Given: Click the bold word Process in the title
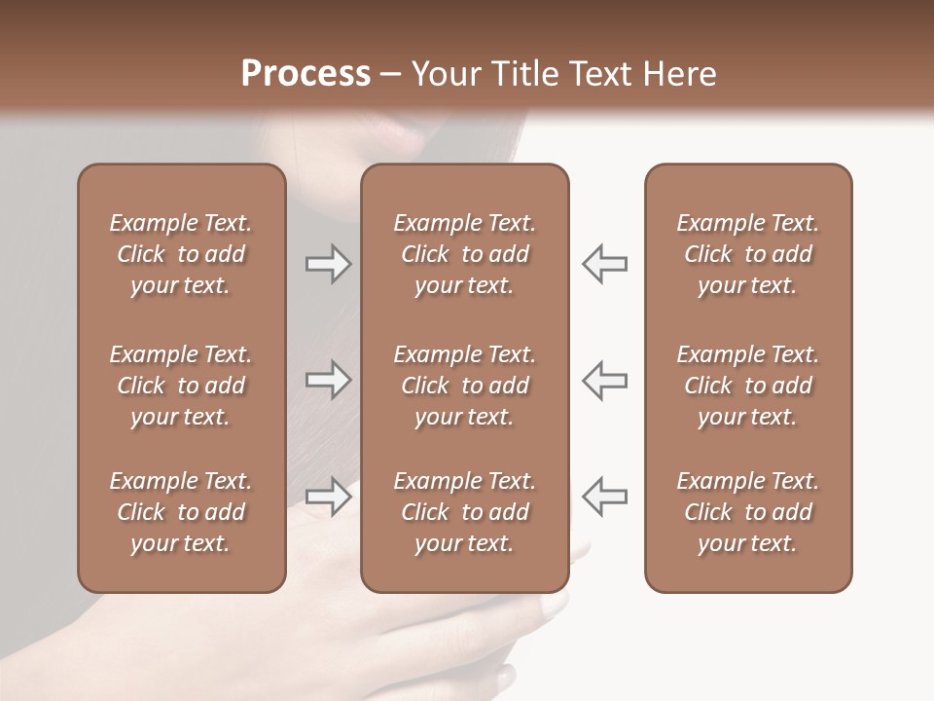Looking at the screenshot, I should tap(305, 74).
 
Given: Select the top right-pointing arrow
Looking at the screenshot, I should tap(328, 264).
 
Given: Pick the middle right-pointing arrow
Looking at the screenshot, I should tap(328, 380).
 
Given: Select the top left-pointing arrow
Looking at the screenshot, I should tap(605, 264).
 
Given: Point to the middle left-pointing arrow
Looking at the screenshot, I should tap(605, 380).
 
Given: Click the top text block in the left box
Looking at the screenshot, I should tap(181, 254).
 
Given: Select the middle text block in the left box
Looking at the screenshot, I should tap(181, 386).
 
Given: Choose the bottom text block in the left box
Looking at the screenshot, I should tap(181, 512).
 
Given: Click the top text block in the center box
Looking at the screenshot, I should tap(464, 254).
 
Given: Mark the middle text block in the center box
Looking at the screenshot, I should tap(464, 386).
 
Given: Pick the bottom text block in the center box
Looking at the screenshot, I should tap(464, 512).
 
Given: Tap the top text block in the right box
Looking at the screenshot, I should tap(748, 254).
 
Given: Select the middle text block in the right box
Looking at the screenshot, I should tap(748, 386).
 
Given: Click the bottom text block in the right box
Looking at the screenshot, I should tap(748, 512).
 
